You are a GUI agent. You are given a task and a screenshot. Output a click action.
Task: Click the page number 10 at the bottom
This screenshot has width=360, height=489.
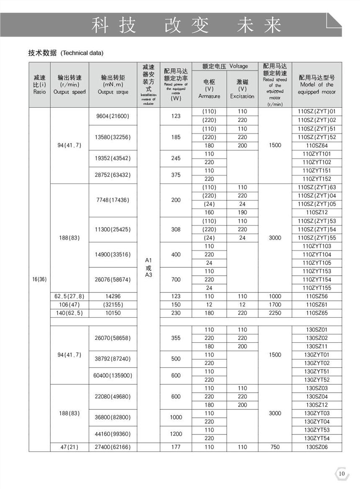[342, 473]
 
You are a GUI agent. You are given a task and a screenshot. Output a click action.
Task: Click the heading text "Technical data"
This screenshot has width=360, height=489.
[82, 53]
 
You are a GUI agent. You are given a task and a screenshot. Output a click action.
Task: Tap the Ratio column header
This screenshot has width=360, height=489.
[39, 85]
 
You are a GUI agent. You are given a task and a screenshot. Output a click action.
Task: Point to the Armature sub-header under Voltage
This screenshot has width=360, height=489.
[209, 89]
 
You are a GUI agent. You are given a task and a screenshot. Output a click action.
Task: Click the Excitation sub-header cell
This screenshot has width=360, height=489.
[242, 89]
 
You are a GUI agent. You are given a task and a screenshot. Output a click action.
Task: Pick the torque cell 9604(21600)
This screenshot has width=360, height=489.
[113, 116]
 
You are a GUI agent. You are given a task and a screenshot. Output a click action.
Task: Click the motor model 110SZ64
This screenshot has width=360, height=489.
[316, 145]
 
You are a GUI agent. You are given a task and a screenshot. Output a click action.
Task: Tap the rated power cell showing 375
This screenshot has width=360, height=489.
[176, 175]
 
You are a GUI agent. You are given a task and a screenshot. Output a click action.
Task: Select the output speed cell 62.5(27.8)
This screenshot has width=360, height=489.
[69, 296]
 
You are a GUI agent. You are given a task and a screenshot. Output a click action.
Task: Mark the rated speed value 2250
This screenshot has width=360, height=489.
[275, 313]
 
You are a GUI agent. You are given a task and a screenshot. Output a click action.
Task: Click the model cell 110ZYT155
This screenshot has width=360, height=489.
[316, 288]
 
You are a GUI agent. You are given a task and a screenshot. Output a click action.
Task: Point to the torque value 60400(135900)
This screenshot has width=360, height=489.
[113, 375]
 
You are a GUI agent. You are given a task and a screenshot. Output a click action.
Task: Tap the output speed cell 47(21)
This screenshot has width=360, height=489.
[69, 447]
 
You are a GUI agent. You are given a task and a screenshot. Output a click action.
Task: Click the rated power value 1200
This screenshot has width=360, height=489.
[176, 434]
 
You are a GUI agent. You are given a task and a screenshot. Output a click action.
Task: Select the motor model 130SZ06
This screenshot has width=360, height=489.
[316, 447]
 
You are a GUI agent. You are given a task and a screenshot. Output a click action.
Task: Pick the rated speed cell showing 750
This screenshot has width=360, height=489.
[275, 447]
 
